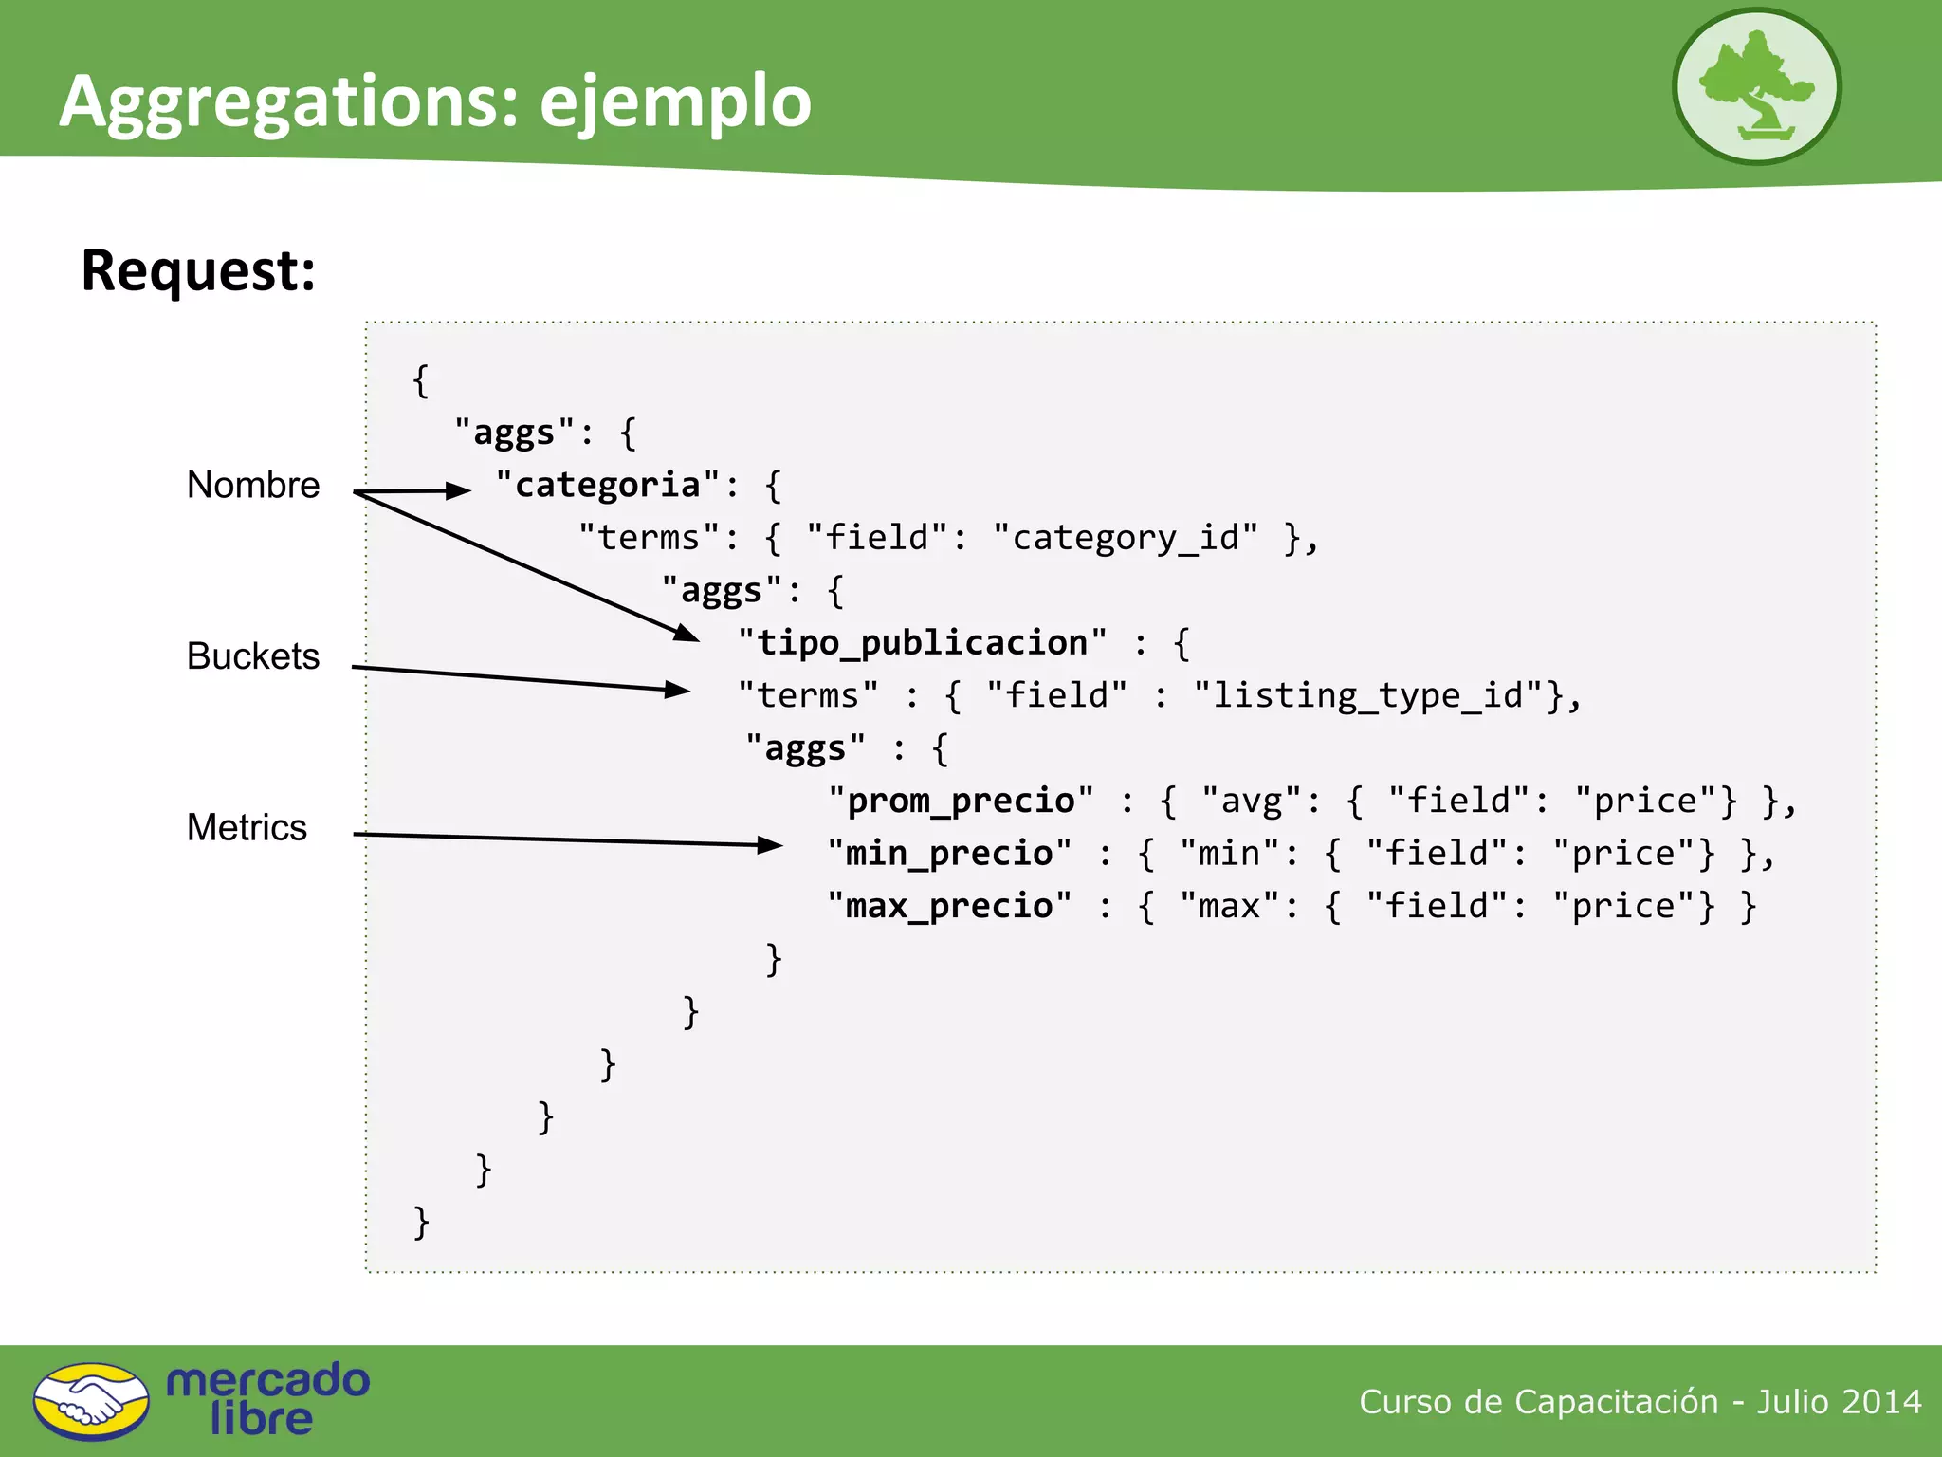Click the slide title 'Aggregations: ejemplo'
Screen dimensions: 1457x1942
(435, 101)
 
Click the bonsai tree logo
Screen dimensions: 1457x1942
(1756, 86)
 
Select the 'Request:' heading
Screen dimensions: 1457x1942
(198, 270)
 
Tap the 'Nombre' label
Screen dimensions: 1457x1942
(253, 486)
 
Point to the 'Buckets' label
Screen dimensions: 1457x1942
(253, 656)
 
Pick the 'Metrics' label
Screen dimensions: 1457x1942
(247, 827)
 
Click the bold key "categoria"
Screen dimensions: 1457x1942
(607, 485)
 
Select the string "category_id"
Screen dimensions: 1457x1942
(1126, 538)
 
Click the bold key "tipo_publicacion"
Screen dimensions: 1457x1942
(922, 642)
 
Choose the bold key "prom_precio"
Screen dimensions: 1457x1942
(961, 801)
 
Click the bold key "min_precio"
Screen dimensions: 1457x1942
(949, 853)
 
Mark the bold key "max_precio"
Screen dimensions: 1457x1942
(949, 906)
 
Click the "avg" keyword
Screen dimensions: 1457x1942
(1251, 802)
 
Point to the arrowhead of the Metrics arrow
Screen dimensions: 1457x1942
(771, 844)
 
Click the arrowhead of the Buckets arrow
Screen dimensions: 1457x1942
(678, 690)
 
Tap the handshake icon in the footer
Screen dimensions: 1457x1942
(91, 1401)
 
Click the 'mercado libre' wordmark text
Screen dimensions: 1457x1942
(267, 1399)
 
